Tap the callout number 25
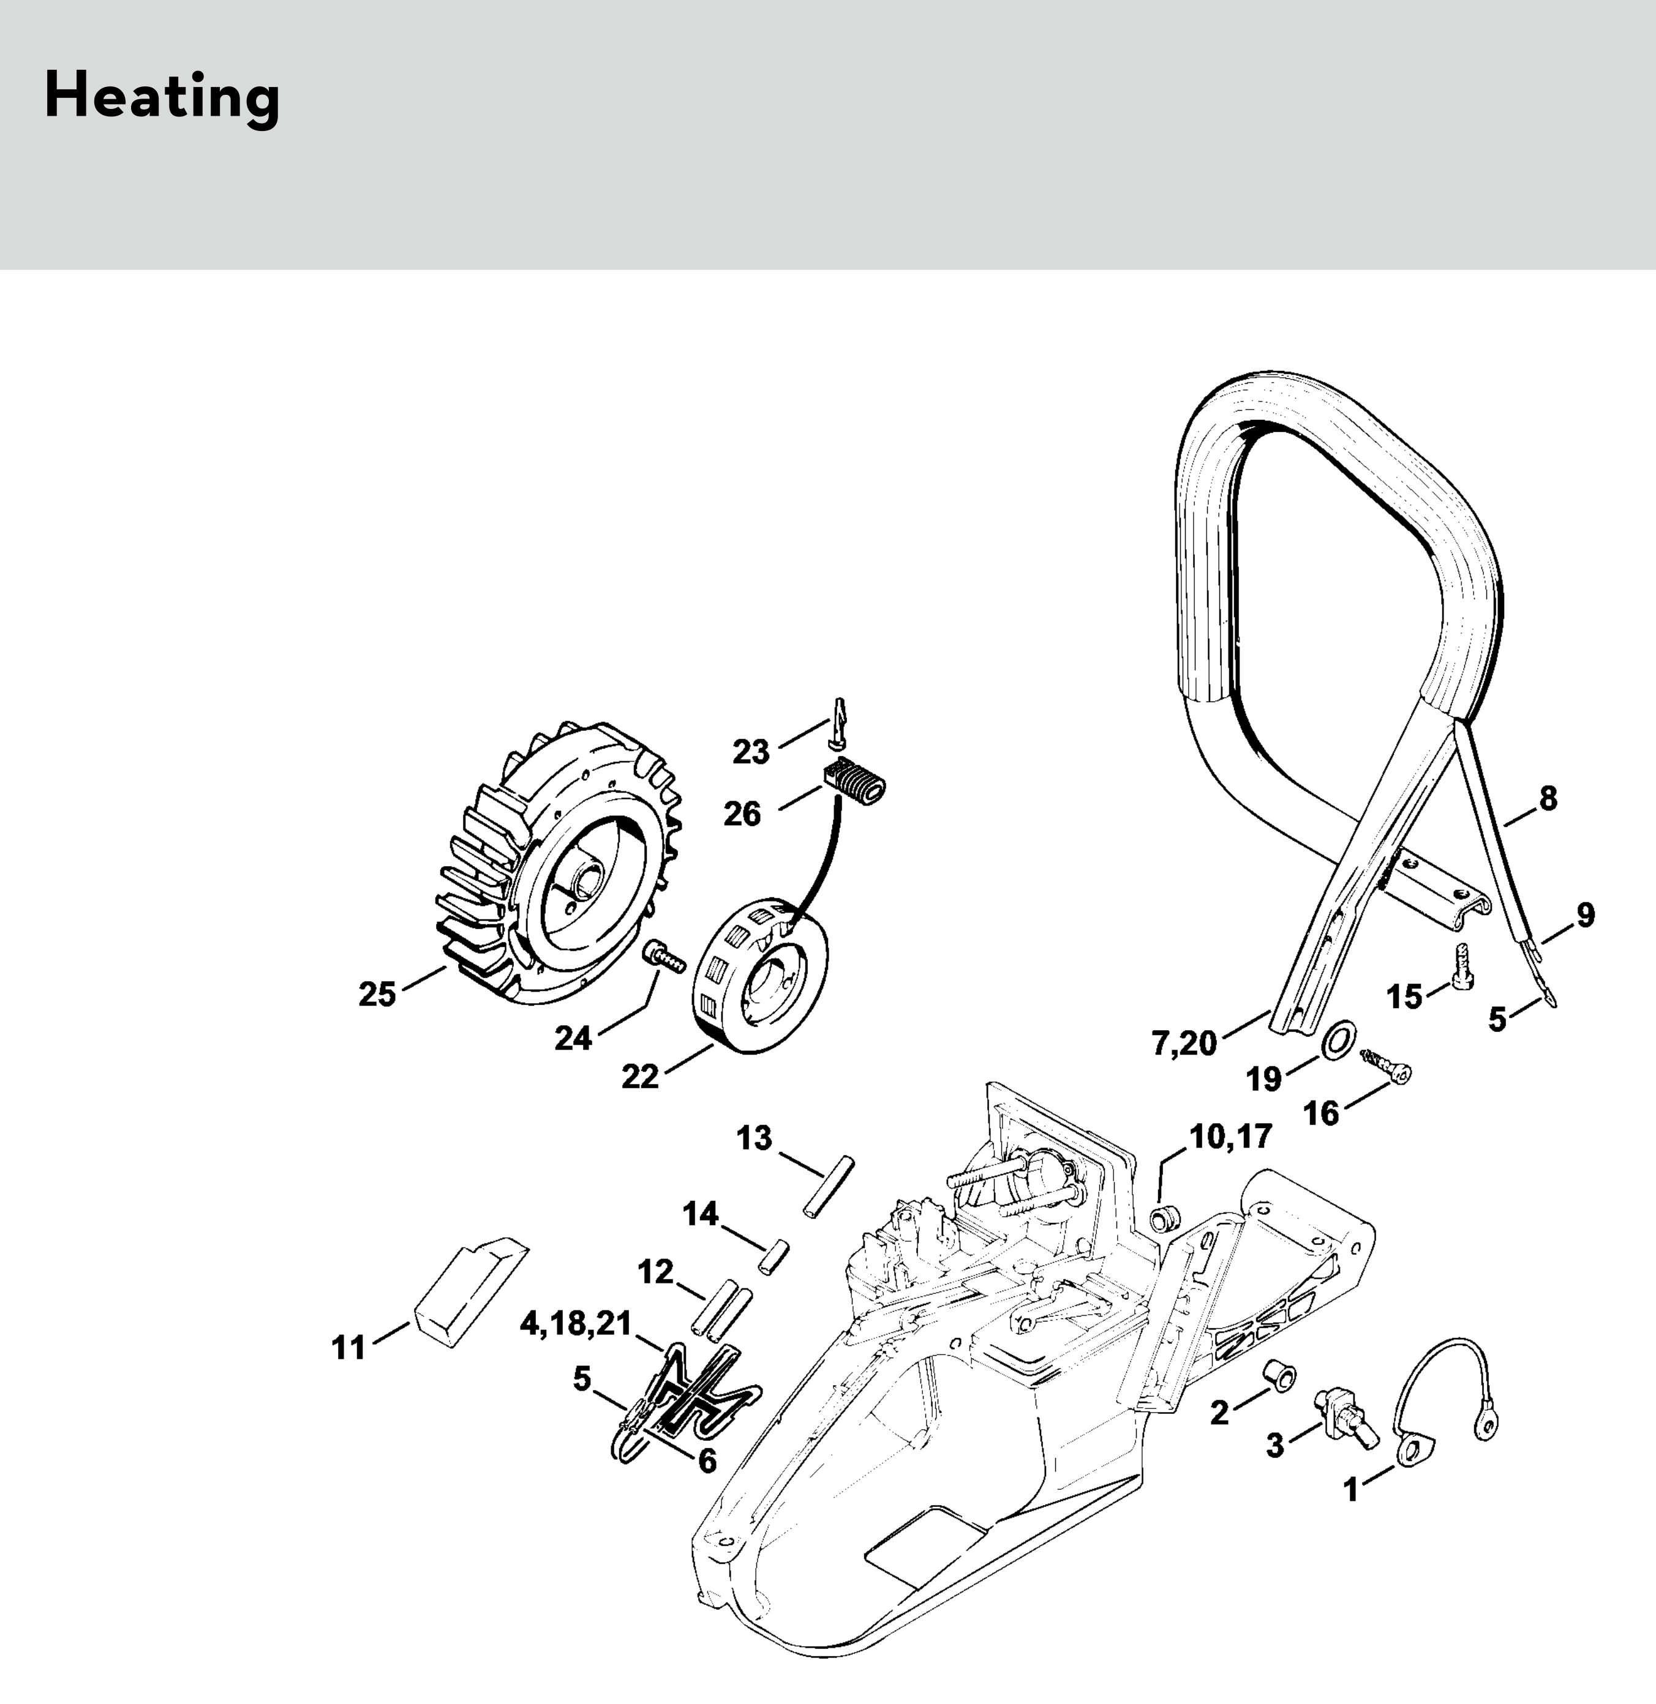point(377,994)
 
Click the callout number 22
point(640,1077)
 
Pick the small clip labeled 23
point(838,727)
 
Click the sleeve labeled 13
point(828,1187)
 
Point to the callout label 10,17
point(1230,1136)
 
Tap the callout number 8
point(1547,798)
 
